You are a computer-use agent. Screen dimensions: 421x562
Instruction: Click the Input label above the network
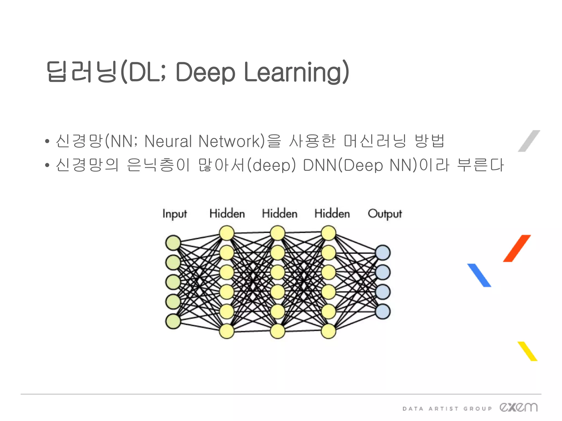pyautogui.click(x=175, y=214)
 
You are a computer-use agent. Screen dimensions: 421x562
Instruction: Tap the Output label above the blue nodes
pyautogui.click(x=385, y=214)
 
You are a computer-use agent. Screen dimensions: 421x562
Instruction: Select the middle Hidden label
pyautogui.click(x=280, y=214)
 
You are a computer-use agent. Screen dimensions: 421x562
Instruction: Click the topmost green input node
pyautogui.click(x=173, y=243)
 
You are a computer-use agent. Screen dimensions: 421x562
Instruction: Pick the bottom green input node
pyautogui.click(x=173, y=321)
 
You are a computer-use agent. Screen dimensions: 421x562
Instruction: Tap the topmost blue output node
pyautogui.click(x=383, y=253)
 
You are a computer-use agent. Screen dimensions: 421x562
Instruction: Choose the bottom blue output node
pyautogui.click(x=383, y=312)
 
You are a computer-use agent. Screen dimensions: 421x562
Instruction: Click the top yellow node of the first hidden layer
pyautogui.click(x=227, y=233)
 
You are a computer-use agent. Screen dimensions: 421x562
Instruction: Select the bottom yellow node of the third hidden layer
pyautogui.click(x=328, y=331)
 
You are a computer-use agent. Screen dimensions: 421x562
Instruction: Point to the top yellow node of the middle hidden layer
pyautogui.click(x=278, y=233)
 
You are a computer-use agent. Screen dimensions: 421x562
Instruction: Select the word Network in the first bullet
pyautogui.click(x=229, y=141)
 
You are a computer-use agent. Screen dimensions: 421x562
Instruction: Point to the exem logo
pyautogui.click(x=518, y=407)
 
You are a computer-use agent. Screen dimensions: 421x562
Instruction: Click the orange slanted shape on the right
pyautogui.click(x=517, y=248)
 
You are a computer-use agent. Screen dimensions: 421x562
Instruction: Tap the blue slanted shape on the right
pyautogui.click(x=479, y=275)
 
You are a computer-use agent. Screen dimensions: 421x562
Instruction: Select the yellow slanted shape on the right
pyautogui.click(x=527, y=351)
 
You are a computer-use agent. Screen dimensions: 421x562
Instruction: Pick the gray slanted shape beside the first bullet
pyautogui.click(x=529, y=141)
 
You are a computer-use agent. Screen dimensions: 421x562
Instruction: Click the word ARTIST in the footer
pyautogui.click(x=443, y=409)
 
